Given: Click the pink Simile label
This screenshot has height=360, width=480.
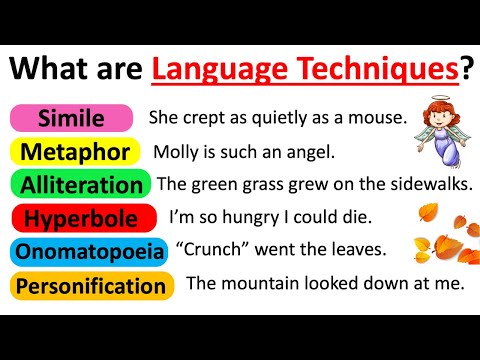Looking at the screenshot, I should point(71,118).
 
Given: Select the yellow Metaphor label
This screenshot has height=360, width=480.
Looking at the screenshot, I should point(71,152).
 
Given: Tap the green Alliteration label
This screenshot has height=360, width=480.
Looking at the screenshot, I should point(81,185).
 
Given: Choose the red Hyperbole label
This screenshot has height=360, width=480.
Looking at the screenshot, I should point(71,218).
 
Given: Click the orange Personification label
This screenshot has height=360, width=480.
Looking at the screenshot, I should point(91,286).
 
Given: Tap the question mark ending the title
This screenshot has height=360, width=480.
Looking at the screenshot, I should point(466,68).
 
